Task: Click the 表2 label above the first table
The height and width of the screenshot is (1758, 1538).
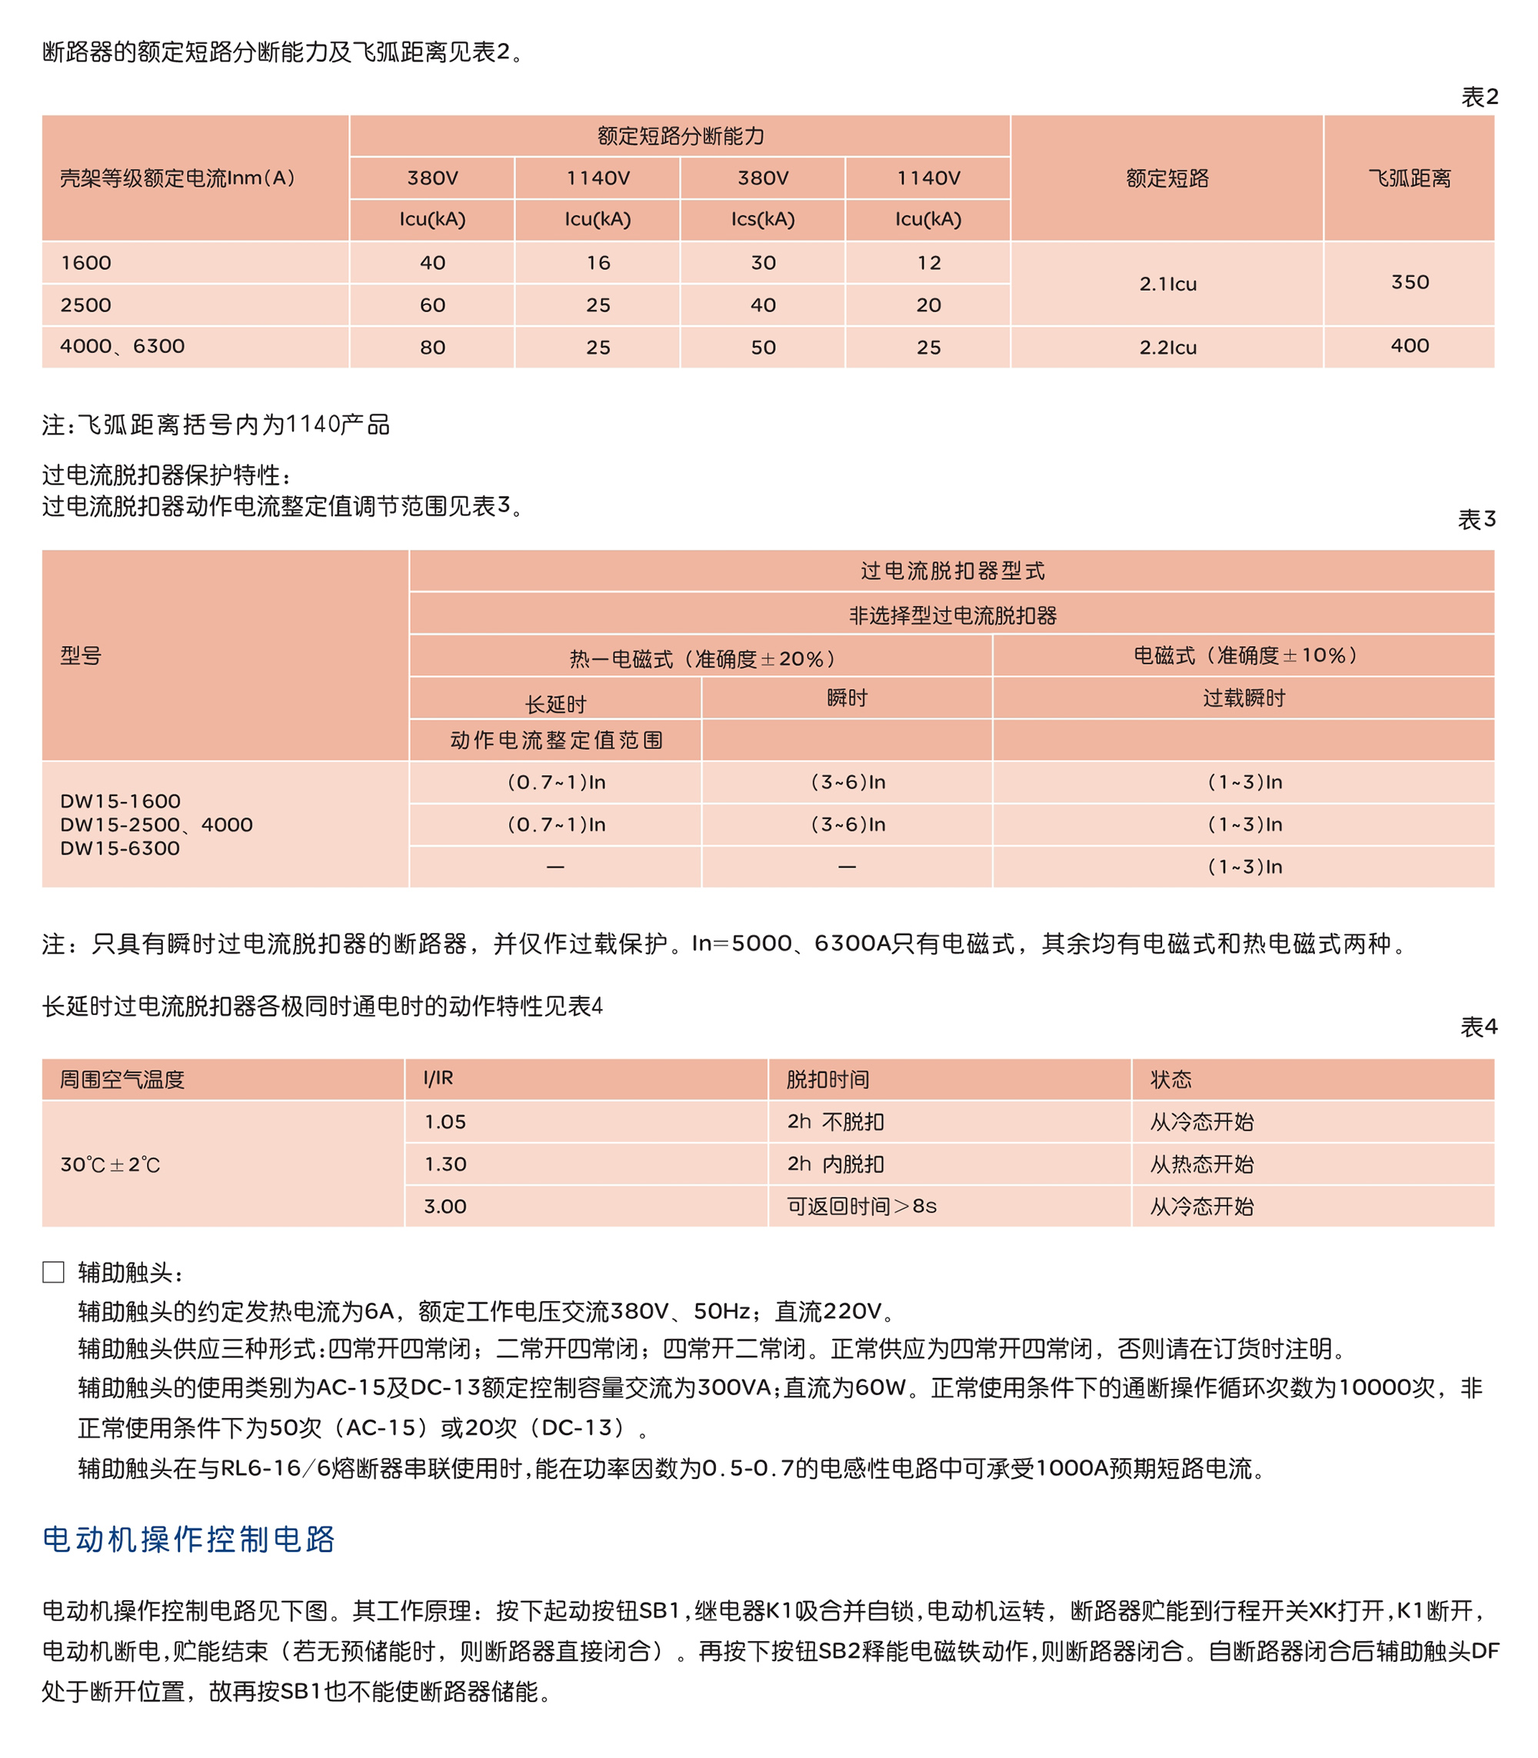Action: tap(1479, 97)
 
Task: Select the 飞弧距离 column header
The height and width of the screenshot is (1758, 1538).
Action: tap(1410, 178)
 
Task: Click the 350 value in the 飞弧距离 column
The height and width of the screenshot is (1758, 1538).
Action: tap(1410, 282)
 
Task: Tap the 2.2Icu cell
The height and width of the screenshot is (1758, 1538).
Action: tap(1167, 348)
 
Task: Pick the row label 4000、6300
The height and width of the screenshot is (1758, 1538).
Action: tap(122, 346)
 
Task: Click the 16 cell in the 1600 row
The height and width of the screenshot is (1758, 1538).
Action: tap(598, 263)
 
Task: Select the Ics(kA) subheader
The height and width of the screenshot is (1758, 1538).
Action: tap(763, 220)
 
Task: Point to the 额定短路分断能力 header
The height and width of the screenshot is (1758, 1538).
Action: tap(681, 135)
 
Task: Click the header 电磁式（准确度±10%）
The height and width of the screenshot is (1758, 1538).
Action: tap(1244, 656)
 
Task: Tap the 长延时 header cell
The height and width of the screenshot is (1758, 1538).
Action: tap(555, 704)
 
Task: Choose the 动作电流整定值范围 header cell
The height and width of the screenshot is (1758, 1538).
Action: tap(556, 740)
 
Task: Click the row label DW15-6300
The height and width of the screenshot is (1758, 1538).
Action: tap(120, 848)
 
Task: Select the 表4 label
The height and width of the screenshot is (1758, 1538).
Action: tap(1479, 1027)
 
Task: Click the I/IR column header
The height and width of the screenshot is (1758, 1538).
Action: tap(438, 1078)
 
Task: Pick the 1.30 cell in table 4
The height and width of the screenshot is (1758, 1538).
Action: tap(445, 1164)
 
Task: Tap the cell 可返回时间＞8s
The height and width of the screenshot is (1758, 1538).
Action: tap(862, 1206)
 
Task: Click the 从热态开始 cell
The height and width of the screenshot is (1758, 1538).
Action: tap(1201, 1164)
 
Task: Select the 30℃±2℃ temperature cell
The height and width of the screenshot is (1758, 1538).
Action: tap(110, 1164)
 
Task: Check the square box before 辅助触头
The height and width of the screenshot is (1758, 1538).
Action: tap(53, 1272)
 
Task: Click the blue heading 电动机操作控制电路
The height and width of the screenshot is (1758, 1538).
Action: tap(189, 1540)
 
